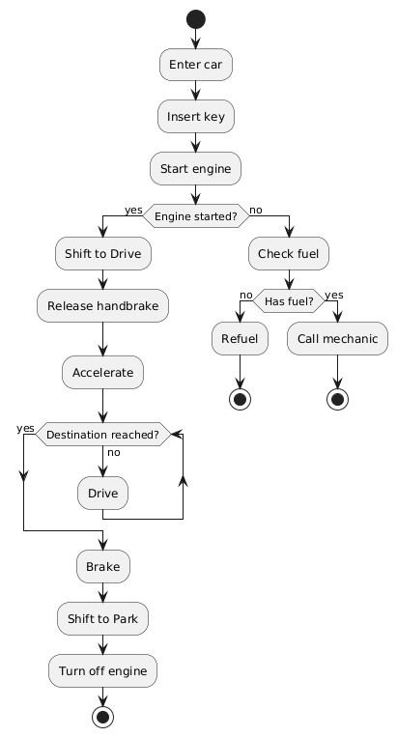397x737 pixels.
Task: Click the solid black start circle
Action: click(x=195, y=17)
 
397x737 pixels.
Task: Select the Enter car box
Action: click(x=195, y=64)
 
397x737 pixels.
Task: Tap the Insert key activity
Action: click(x=195, y=116)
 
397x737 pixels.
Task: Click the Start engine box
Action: click(x=195, y=168)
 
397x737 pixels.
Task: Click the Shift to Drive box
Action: click(x=102, y=253)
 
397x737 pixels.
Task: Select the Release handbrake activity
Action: click(x=102, y=305)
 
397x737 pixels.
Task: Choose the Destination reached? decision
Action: click(x=102, y=435)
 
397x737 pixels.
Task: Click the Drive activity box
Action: click(x=102, y=494)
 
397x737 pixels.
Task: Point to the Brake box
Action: click(x=102, y=566)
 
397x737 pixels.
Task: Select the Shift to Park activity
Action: click(x=102, y=617)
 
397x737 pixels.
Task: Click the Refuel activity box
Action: click(x=239, y=338)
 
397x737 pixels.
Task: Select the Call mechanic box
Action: click(x=338, y=338)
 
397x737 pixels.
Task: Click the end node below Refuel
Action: click(x=239, y=397)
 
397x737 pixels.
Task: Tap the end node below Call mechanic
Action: click(x=338, y=397)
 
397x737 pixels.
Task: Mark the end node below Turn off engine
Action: click(x=102, y=717)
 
